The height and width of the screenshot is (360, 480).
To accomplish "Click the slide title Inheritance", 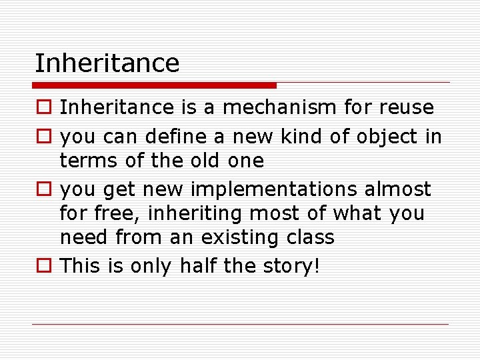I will click(107, 63).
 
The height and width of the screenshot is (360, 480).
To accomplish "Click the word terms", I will click(83, 161).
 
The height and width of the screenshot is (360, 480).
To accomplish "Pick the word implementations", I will click(274, 189).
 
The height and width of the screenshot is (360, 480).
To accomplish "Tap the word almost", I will click(398, 189).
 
